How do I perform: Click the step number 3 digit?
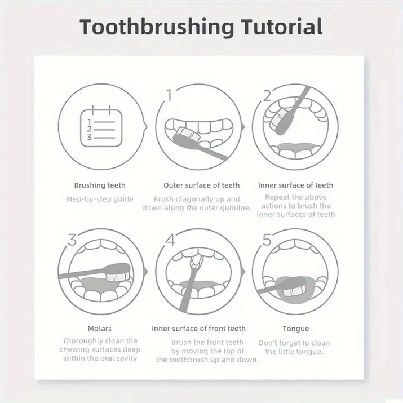(72, 240)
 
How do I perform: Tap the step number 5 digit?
(267, 240)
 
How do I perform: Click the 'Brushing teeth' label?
(100, 185)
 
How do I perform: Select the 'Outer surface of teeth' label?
(201, 185)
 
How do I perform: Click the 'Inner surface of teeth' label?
(295, 185)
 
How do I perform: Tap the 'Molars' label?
(100, 329)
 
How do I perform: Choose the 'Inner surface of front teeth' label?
(198, 329)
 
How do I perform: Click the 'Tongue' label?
(295, 329)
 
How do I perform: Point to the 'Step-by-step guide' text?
(100, 199)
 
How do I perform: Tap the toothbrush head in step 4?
(197, 261)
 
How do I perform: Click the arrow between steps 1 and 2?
(243, 127)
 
